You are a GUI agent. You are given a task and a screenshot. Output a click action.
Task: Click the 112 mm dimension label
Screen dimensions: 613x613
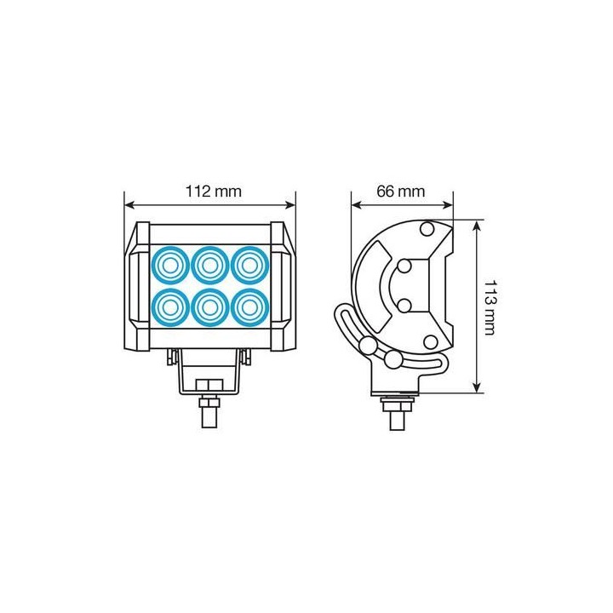[213, 192]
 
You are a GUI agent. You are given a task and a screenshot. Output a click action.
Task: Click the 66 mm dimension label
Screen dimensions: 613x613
[400, 192]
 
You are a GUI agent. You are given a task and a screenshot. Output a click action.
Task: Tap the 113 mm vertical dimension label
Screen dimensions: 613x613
[490, 307]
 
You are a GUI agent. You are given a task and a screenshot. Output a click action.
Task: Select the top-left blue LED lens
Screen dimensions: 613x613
[170, 266]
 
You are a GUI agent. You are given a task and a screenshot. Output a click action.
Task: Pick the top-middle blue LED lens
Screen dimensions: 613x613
[210, 266]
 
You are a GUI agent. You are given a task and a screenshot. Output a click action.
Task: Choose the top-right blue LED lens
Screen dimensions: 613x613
[249, 266]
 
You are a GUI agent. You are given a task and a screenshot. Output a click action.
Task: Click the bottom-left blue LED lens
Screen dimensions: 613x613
[170, 307]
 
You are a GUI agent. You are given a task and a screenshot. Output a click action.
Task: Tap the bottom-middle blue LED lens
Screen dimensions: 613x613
[210, 307]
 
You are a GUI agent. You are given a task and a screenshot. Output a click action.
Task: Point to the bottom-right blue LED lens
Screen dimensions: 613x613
[249, 307]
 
